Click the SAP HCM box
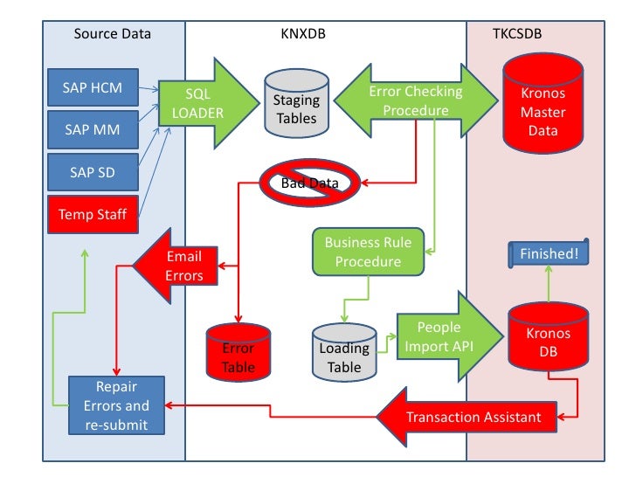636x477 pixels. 93,87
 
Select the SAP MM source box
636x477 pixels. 93,129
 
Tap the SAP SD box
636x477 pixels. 93,172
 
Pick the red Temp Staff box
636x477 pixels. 93,214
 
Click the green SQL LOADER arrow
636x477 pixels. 209,103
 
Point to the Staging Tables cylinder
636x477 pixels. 296,103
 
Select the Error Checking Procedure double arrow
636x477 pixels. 416,100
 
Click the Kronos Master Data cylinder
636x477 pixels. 543,103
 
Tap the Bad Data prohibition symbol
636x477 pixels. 310,183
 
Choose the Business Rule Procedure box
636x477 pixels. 369,252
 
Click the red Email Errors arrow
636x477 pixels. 176,266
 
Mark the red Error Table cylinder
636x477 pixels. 238,352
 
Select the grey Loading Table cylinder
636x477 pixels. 344,352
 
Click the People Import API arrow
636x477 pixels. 450,336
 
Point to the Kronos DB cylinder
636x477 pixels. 549,336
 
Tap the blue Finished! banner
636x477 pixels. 549,253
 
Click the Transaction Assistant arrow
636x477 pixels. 467,417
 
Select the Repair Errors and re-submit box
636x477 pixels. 116,405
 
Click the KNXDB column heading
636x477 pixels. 303,34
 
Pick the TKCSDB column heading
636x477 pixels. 517,34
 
